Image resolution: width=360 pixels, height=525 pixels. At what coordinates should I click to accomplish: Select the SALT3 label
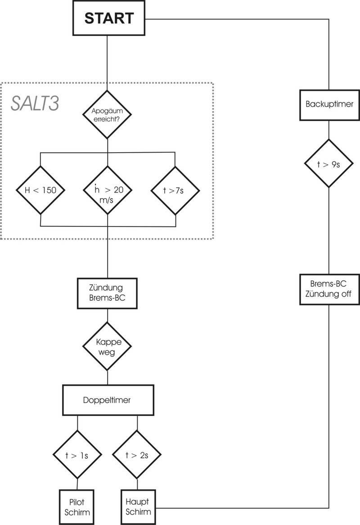point(35,104)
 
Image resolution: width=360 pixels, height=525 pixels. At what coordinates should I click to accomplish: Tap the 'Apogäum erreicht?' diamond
point(107,114)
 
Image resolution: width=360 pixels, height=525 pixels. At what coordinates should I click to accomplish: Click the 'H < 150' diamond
point(40,190)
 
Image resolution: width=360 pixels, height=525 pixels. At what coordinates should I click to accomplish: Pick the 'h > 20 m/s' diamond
point(107,190)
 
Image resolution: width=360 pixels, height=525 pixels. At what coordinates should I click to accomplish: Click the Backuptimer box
point(329,104)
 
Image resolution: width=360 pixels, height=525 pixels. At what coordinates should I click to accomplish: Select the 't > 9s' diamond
point(328,163)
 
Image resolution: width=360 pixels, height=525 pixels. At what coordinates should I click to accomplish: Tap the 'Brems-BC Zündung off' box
point(329,290)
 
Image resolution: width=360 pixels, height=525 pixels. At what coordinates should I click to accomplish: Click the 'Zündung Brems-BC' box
point(107,294)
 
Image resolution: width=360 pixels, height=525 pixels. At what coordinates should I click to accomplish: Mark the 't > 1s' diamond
point(77,454)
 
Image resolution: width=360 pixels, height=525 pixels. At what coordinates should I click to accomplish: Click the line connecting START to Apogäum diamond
point(107,63)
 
